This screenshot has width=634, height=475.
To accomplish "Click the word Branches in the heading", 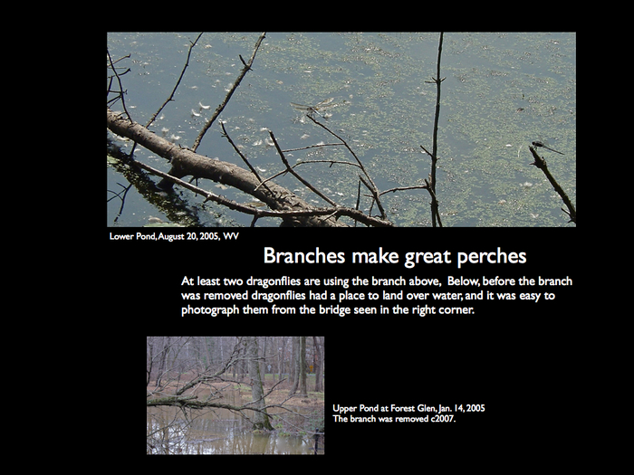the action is pos(304,256).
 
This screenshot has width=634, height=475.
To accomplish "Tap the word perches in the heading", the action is pos(492,257).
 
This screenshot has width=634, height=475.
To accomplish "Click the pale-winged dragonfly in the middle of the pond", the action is pos(313,108).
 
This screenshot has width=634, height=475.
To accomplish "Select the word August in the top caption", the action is pos(171,237).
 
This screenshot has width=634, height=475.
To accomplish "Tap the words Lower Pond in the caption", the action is pos(132,236).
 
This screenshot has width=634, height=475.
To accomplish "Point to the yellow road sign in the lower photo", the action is pos(311,368).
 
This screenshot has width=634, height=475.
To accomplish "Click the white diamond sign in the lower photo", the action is pos(268,368).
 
